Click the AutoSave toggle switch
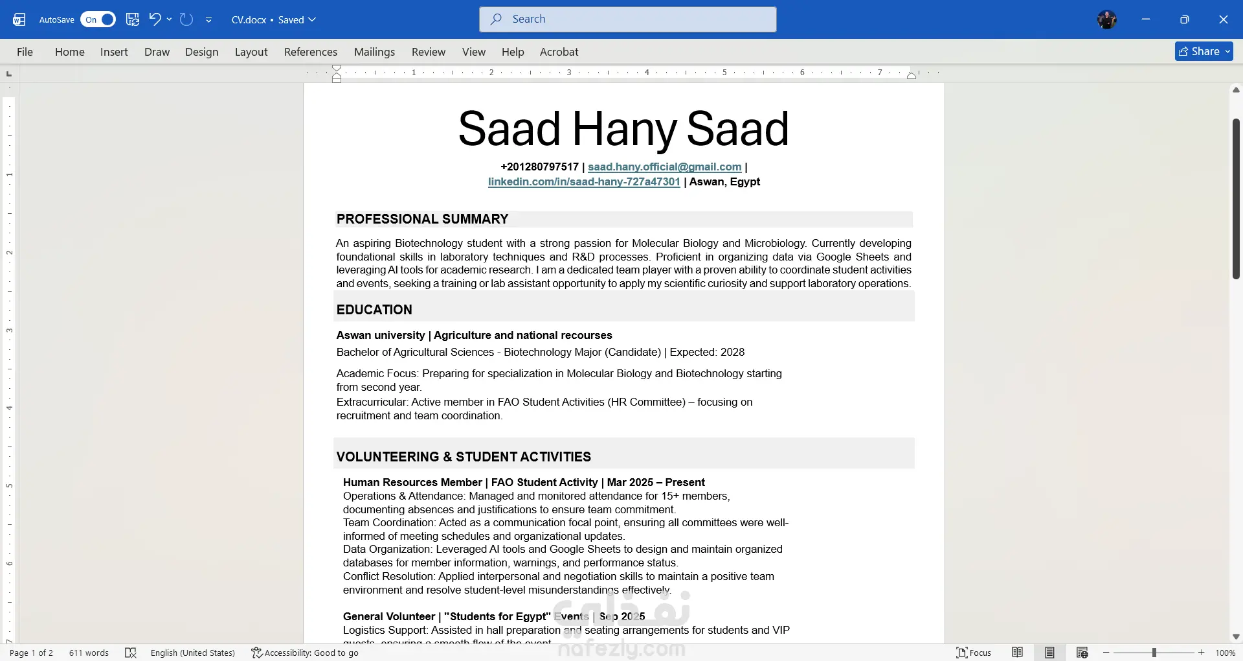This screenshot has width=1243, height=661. (x=98, y=19)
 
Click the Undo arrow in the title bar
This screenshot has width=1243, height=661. (x=155, y=19)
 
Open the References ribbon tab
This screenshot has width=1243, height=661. (x=310, y=52)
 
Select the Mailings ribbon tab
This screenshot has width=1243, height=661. (x=374, y=52)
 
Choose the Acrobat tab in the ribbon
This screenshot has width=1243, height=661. (x=559, y=52)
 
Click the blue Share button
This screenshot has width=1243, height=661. (x=1203, y=51)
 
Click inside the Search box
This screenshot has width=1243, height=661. (x=628, y=19)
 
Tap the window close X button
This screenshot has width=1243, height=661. (x=1223, y=19)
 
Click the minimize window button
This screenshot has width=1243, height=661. (x=1146, y=19)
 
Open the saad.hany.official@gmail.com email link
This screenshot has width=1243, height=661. (x=664, y=167)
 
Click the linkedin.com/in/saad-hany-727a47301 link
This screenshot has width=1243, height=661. (x=584, y=181)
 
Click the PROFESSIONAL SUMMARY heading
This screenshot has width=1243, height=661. (x=422, y=219)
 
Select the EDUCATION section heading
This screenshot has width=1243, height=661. (x=374, y=310)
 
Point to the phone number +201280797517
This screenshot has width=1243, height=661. (x=539, y=167)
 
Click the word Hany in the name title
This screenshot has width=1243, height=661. (x=624, y=129)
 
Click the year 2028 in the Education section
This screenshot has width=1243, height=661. (x=732, y=352)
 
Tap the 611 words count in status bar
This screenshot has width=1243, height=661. (x=89, y=653)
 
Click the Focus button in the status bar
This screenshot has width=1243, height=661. (x=974, y=653)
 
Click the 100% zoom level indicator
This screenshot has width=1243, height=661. (x=1225, y=653)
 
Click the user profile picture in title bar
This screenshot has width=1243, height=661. (x=1106, y=19)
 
